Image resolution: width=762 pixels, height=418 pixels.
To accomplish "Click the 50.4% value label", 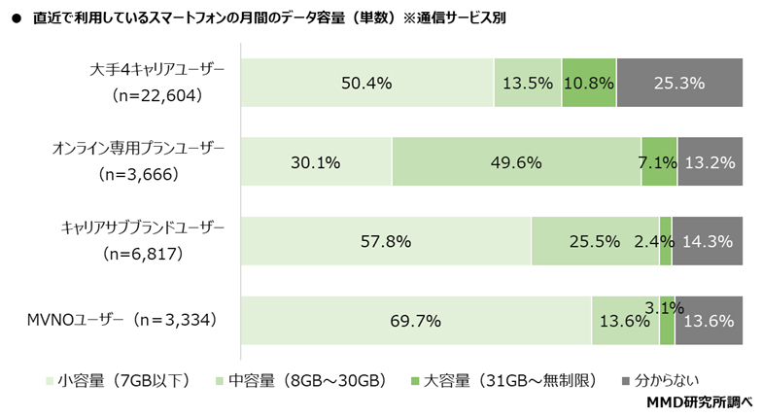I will pyautogui.click(x=366, y=84).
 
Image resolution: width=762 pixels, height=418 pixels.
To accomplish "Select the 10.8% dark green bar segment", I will pyautogui.click(x=589, y=84).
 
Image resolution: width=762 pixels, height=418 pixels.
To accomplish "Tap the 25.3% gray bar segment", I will pyautogui.click(x=679, y=84).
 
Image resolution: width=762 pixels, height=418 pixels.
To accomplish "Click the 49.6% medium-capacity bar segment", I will pyautogui.click(x=516, y=162).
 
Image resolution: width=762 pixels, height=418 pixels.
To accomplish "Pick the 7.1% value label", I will pyautogui.click(x=658, y=162).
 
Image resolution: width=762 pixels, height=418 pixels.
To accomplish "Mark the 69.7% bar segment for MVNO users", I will pyautogui.click(x=416, y=320).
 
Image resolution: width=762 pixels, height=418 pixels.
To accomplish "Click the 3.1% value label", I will pyautogui.click(x=666, y=308).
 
